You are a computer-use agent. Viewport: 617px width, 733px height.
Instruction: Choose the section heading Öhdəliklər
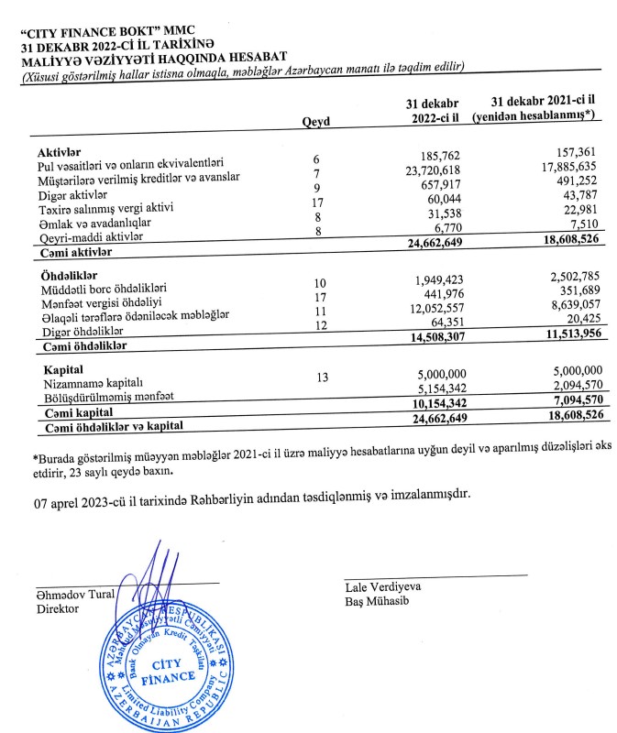point(71,274)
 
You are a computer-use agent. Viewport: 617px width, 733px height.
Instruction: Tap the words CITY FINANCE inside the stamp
point(171,669)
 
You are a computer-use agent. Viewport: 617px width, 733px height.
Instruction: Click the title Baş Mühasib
point(374,602)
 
